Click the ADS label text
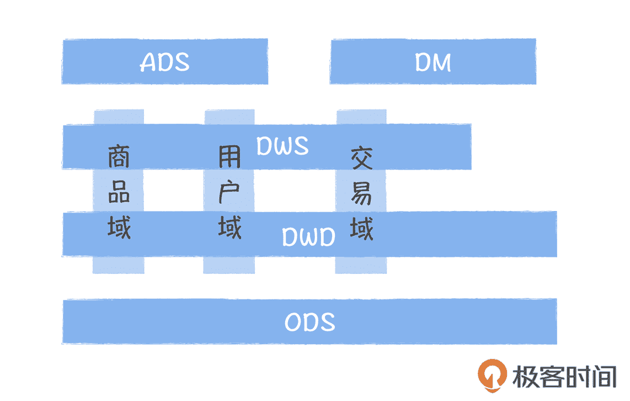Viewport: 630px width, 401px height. tap(164, 62)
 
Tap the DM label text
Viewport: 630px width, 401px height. tap(433, 62)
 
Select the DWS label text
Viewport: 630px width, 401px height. tap(282, 146)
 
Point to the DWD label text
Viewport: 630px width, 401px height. tap(308, 238)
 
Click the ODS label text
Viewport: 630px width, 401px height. tap(309, 322)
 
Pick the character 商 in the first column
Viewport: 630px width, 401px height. tap(119, 157)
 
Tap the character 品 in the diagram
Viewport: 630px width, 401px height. tap(119, 193)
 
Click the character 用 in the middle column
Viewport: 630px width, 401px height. tap(229, 157)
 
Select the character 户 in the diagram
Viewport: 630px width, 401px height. tap(229, 193)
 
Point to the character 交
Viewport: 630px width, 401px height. tap(362, 159)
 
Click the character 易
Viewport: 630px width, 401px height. tap(362, 193)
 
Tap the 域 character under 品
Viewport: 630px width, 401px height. tap(119, 227)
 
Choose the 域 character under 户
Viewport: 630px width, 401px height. tap(229, 227)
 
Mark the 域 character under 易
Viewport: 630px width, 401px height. tap(362, 228)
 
